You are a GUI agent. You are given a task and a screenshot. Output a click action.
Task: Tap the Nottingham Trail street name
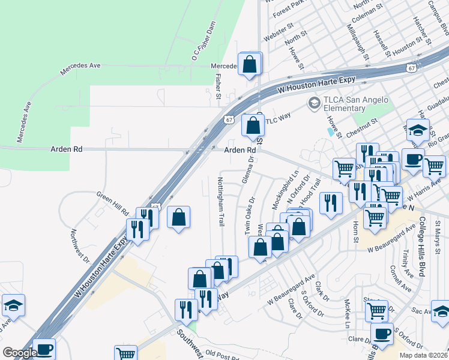pyautogui.click(x=220, y=201)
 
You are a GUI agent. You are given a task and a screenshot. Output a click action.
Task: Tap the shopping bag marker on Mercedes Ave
pyautogui.click(x=250, y=63)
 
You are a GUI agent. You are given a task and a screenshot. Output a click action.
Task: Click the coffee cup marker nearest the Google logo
pyautogui.click(x=44, y=349)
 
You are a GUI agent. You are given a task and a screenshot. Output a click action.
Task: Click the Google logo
pyautogui.click(x=19, y=353)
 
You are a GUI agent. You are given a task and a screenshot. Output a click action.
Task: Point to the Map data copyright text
pyautogui.click(x=424, y=355)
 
